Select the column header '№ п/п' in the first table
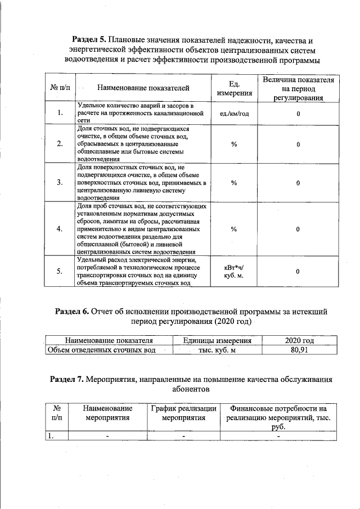(60, 88)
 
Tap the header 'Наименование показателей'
(143, 88)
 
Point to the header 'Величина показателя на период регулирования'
(298, 88)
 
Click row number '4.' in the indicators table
(60, 229)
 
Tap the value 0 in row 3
(298, 183)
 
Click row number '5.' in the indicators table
(60, 272)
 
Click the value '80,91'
(298, 350)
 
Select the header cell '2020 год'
(298, 340)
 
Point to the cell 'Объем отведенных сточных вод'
(102, 350)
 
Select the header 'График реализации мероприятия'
(183, 413)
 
